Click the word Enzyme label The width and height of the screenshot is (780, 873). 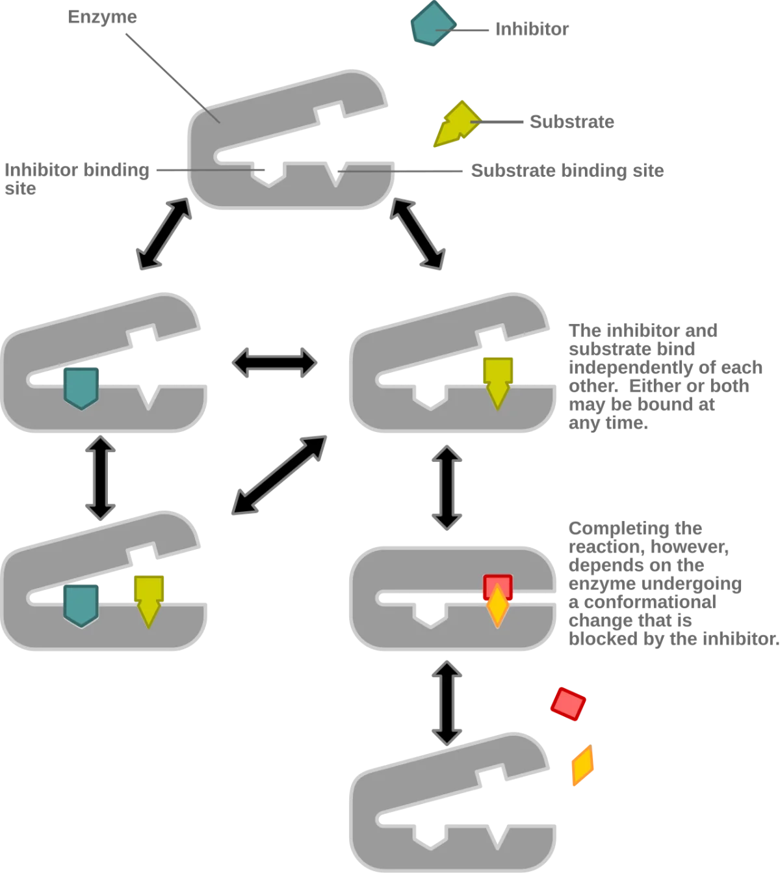(x=103, y=17)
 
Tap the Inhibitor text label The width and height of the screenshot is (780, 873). (x=532, y=29)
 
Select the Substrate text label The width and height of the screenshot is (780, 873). (x=571, y=122)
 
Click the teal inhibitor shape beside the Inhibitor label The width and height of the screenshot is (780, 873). (x=433, y=23)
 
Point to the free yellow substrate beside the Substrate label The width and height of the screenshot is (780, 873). (x=458, y=124)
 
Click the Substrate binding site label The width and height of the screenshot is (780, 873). (x=567, y=170)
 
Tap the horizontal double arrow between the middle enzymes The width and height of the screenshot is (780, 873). (x=275, y=362)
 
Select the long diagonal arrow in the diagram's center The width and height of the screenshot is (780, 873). (x=279, y=475)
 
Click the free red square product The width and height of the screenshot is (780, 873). (x=568, y=704)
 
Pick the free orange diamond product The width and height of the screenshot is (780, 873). (x=583, y=765)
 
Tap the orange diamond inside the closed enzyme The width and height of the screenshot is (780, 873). (x=498, y=606)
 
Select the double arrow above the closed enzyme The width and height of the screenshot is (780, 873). (x=447, y=487)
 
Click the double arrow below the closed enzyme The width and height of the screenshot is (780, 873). (x=447, y=703)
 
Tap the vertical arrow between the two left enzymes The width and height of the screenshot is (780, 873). (x=100, y=478)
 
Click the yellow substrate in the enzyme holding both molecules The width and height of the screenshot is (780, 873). (x=149, y=602)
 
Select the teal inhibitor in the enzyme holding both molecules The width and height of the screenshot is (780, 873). (x=81, y=606)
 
